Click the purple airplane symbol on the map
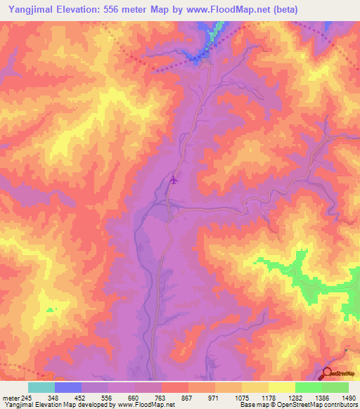(x=174, y=180)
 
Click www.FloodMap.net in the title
(x=213, y=10)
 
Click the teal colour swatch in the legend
(x=41, y=387)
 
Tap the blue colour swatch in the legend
(x=68, y=387)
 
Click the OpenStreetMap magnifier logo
(x=329, y=375)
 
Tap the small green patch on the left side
(x=50, y=309)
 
